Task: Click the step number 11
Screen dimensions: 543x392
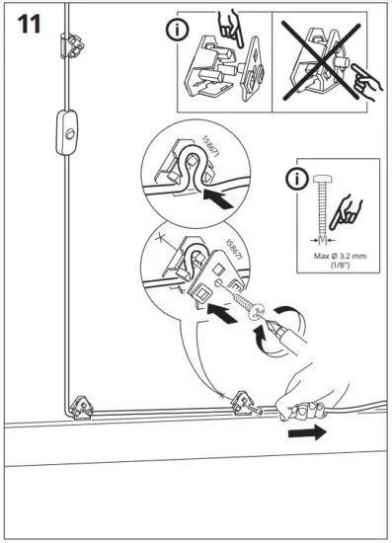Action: coord(29,24)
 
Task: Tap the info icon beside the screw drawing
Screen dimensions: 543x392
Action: coord(294,181)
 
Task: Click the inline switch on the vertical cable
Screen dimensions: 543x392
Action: coord(69,128)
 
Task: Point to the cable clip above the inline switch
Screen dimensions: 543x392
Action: coord(71,42)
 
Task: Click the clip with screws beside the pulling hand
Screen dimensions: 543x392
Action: coord(242,402)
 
